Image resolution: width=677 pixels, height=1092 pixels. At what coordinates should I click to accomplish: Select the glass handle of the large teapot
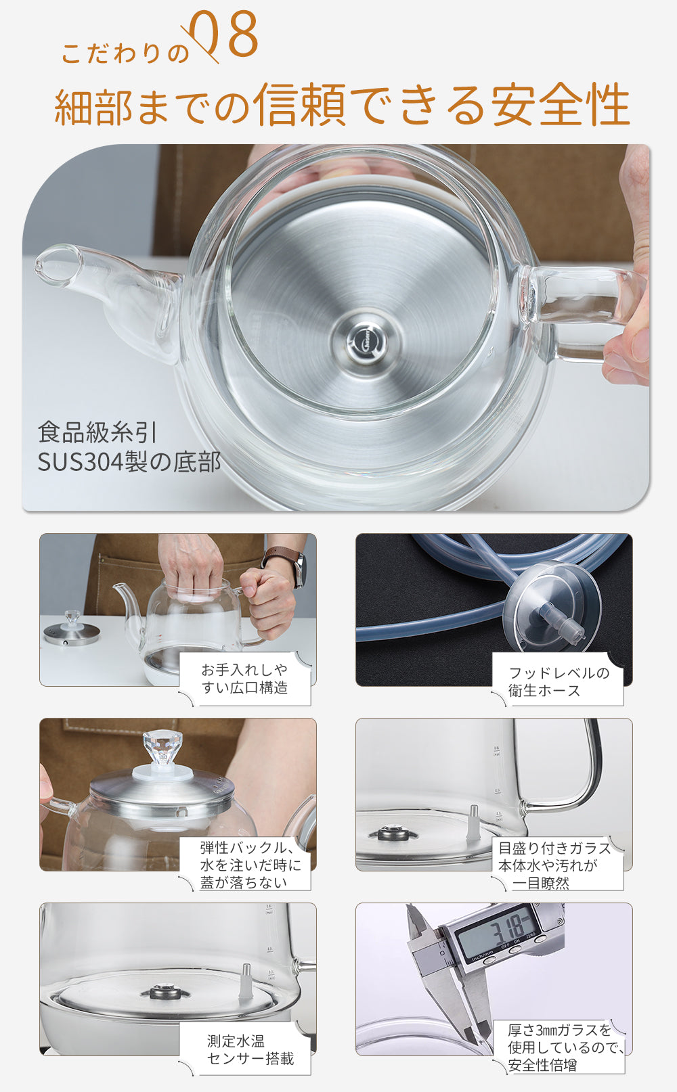tap(586, 312)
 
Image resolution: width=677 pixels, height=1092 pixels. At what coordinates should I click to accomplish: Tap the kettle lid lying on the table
tap(72, 629)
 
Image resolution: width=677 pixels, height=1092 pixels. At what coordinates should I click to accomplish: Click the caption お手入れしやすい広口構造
tap(244, 679)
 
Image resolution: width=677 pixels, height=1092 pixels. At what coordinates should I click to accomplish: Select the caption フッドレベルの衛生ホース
tap(559, 681)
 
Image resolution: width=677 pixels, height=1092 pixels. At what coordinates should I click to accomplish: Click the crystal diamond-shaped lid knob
tap(162, 748)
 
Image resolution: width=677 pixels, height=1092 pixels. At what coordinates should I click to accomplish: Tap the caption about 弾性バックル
tap(250, 865)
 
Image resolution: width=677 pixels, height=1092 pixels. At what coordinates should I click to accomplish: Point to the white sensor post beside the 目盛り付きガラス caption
tap(472, 823)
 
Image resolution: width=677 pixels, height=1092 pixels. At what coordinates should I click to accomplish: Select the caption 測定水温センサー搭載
tap(250, 1049)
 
